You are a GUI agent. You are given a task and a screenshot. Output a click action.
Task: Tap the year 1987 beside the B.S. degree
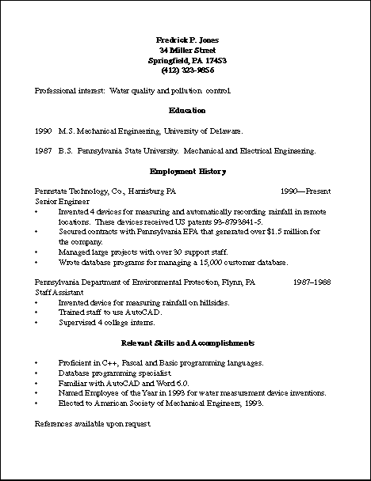point(44,150)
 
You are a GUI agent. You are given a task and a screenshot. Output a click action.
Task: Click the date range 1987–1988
point(312,282)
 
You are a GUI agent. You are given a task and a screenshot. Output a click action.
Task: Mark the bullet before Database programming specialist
point(36,373)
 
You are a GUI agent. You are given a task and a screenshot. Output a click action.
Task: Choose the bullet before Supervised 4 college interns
point(36,322)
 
